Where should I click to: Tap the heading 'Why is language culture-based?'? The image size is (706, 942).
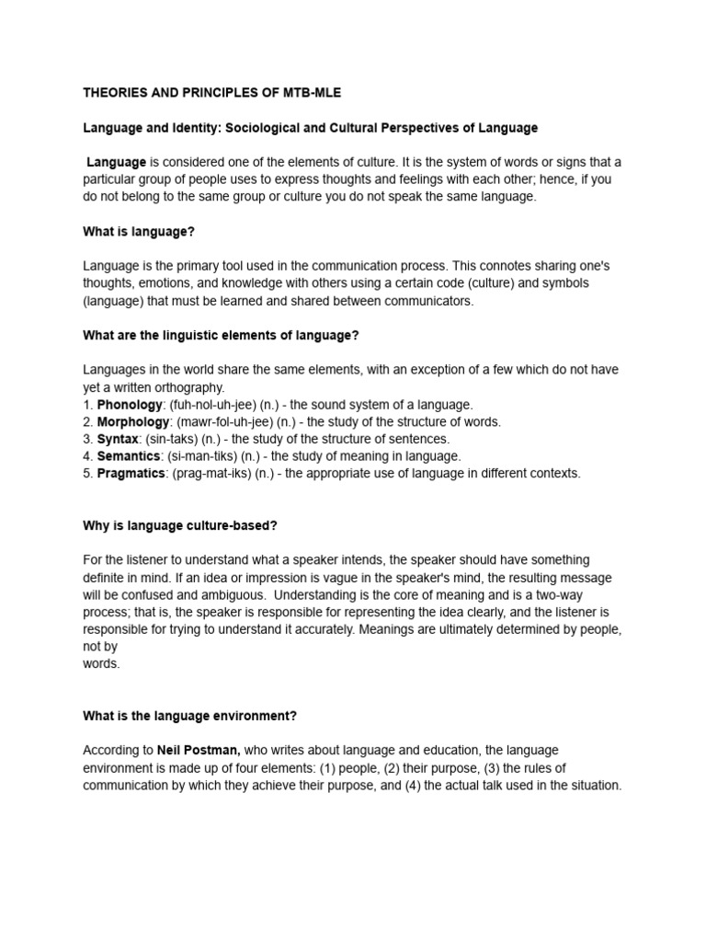tap(179, 525)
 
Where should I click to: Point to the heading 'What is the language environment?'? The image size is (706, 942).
tap(189, 716)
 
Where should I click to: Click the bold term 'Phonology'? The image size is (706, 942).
tap(129, 405)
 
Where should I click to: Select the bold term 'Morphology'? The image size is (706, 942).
tap(133, 422)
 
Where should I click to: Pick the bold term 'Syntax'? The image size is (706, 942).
tap(118, 439)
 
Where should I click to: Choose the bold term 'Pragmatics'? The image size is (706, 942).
tap(131, 474)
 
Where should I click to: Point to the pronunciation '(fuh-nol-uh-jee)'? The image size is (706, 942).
tap(210, 405)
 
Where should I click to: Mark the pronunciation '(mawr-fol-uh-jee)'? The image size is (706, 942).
tap(221, 422)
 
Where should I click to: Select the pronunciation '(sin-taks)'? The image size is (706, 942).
tap(173, 439)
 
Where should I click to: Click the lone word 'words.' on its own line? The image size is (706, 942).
tap(101, 664)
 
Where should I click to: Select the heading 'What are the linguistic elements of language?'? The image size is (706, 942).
tap(221, 336)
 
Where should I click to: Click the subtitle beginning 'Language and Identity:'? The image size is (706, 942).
tap(311, 128)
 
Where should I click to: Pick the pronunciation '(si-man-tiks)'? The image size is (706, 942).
tap(205, 456)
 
